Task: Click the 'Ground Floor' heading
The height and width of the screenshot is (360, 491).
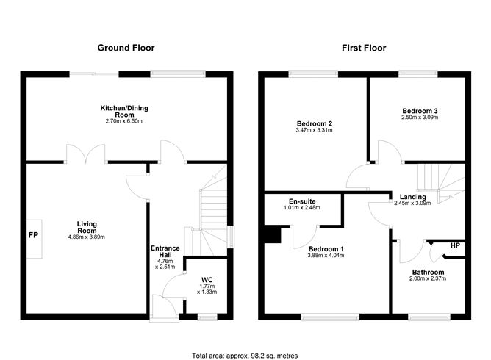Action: [126, 48]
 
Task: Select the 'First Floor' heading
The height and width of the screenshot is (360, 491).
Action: [363, 48]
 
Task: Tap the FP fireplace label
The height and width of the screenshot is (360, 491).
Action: [33, 236]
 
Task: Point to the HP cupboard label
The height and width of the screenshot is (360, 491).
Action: [455, 245]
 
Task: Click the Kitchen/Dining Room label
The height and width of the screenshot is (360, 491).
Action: [127, 111]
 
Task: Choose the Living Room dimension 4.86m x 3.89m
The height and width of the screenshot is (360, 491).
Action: [87, 237]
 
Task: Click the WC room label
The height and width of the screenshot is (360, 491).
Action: [207, 279]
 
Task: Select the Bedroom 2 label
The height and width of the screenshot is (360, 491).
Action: [315, 123]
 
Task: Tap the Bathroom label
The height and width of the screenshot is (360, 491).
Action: [428, 271]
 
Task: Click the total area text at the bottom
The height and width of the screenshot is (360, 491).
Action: [245, 355]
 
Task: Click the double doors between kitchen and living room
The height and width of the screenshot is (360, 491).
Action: [86, 154]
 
